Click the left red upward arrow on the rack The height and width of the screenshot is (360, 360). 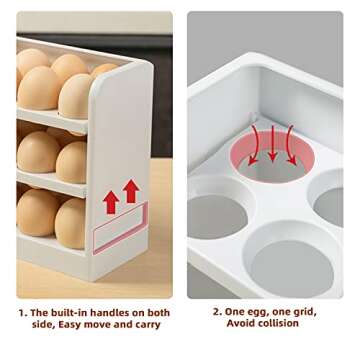[110, 203]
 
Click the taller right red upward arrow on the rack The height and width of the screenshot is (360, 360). [130, 193]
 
